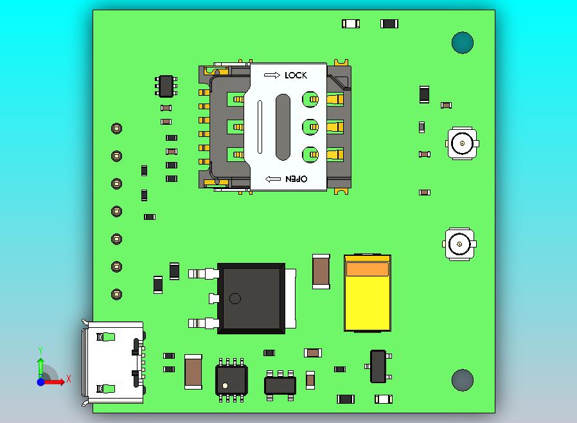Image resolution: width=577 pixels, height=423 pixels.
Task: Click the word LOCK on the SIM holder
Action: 296,75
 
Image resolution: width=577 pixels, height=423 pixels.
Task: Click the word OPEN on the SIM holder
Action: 296,179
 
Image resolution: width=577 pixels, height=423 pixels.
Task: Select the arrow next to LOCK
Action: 272,75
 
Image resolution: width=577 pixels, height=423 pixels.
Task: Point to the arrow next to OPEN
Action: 273,179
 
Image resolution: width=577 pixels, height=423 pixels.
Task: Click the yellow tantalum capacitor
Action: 367,293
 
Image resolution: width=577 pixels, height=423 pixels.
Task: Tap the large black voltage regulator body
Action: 251,298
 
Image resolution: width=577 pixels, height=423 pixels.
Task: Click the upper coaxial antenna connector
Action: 462,143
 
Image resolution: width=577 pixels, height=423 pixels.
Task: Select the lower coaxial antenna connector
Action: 459,243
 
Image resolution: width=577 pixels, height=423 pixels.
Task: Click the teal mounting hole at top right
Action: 462,43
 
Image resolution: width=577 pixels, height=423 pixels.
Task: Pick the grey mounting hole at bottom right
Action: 462,380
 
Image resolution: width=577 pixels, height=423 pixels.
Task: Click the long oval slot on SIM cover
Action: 283,127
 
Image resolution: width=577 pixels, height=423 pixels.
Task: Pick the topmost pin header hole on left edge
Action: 116,128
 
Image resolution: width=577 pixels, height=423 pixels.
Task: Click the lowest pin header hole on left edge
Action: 116,294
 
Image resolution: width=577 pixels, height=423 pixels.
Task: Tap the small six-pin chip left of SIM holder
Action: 166,85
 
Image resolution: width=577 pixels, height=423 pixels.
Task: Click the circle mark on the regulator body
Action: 235,298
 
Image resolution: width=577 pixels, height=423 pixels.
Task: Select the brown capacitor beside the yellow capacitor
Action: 321,271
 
